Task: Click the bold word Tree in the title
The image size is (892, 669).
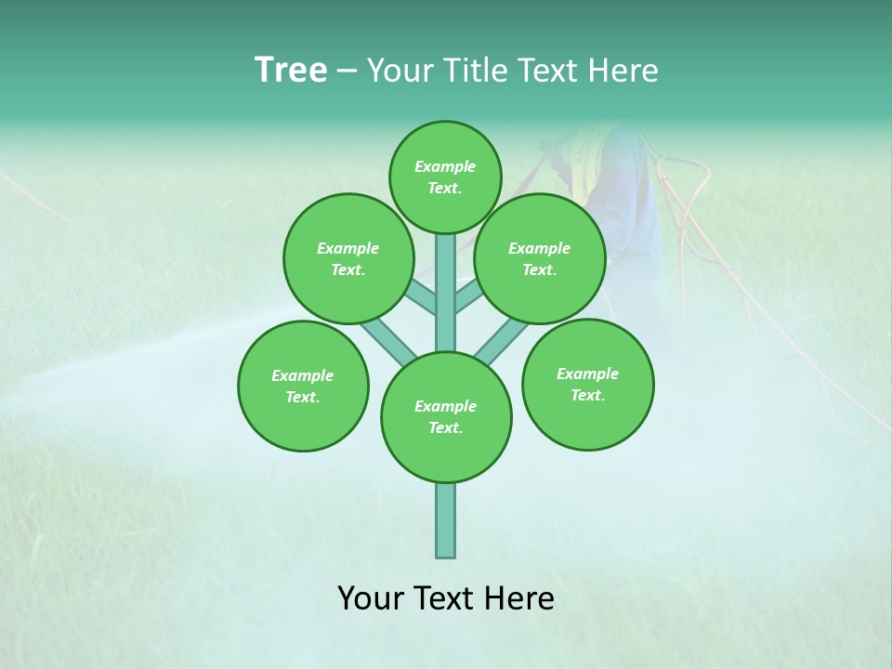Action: point(291,71)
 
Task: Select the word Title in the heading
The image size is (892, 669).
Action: point(473,71)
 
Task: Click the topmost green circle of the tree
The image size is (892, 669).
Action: point(445,177)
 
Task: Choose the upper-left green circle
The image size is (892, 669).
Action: point(348,258)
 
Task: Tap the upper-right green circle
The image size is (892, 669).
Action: point(540,258)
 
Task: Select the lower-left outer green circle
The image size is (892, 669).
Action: point(303,386)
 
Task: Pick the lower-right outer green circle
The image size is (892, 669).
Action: point(587,384)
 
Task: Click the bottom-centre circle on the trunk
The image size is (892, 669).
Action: point(446,417)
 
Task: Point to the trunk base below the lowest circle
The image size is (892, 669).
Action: point(446,520)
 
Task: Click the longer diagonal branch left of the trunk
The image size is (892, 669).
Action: point(385,338)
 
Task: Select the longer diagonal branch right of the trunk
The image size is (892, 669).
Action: point(502,340)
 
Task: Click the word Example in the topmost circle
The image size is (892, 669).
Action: point(445,166)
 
